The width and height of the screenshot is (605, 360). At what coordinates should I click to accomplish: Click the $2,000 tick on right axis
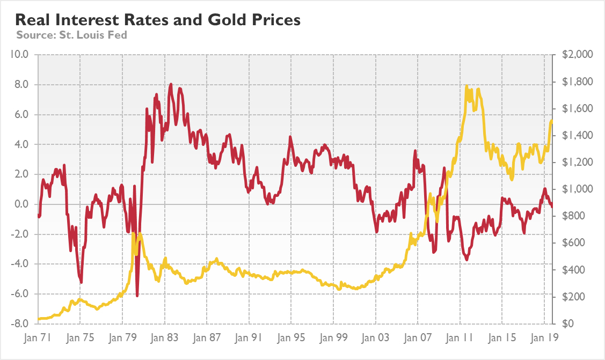577,54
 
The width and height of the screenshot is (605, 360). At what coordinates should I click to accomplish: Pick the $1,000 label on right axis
577,189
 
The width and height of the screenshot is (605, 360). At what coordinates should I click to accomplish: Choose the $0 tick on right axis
568,324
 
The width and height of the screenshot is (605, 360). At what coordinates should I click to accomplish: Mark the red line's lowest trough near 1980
137,296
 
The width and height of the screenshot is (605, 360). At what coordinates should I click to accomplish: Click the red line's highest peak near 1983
171,84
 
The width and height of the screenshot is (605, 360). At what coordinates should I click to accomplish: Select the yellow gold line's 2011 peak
466,86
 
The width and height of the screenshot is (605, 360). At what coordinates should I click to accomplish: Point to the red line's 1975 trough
81,282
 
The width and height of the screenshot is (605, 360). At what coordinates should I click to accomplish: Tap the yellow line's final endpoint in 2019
552,121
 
